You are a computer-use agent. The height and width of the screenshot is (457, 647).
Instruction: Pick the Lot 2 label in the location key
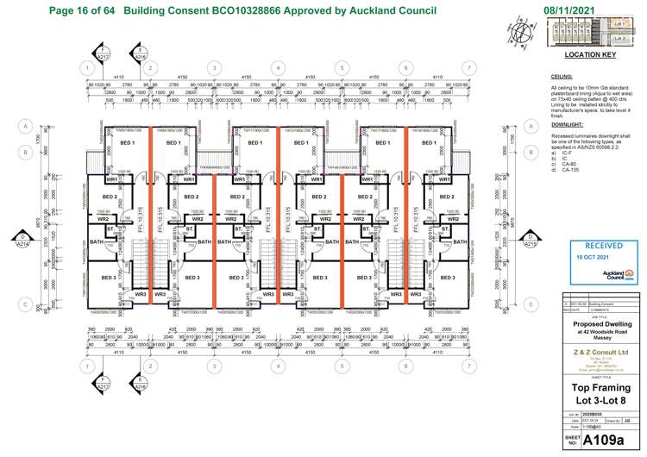click(619, 38)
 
